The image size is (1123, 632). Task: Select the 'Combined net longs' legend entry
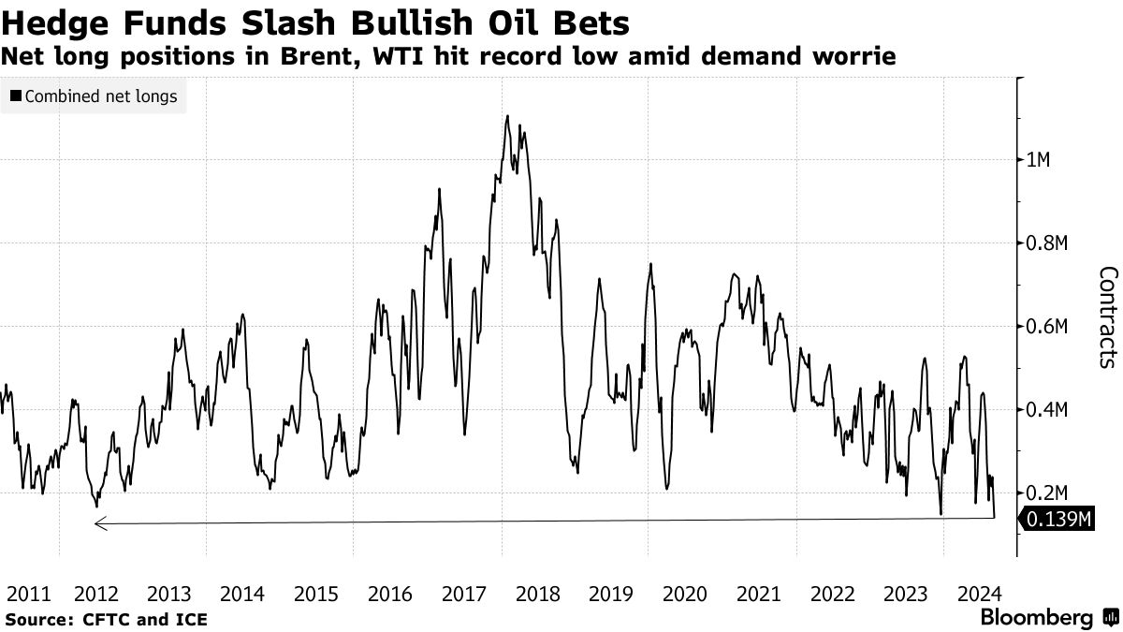click(94, 96)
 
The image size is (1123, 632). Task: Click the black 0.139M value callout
click(1057, 520)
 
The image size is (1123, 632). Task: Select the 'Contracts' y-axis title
click(1107, 316)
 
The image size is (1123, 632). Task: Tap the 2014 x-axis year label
click(243, 594)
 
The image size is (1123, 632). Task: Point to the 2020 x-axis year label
click(684, 594)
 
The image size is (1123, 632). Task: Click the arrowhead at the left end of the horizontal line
click(99, 524)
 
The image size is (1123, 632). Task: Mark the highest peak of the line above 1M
click(507, 116)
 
